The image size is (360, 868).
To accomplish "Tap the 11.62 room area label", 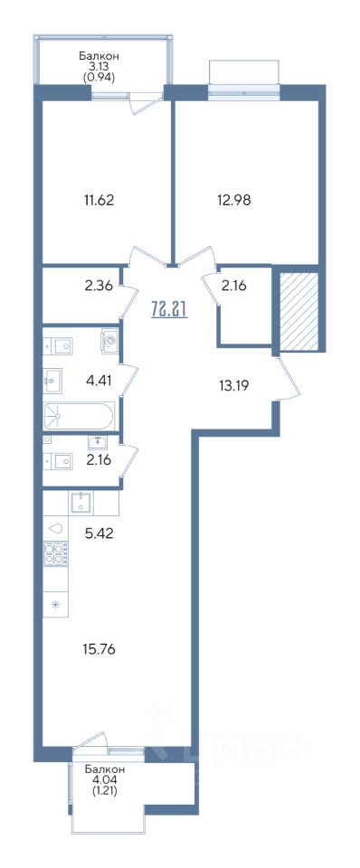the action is click(98, 200).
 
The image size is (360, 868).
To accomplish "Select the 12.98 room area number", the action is click(235, 200).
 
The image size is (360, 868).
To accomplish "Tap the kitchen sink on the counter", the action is click(81, 503).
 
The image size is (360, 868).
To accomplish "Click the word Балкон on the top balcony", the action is click(99, 55).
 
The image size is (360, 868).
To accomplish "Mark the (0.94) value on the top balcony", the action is click(99, 78).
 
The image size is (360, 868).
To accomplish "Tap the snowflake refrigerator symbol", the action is click(55, 604).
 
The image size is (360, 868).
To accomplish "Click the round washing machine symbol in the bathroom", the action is click(110, 341).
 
